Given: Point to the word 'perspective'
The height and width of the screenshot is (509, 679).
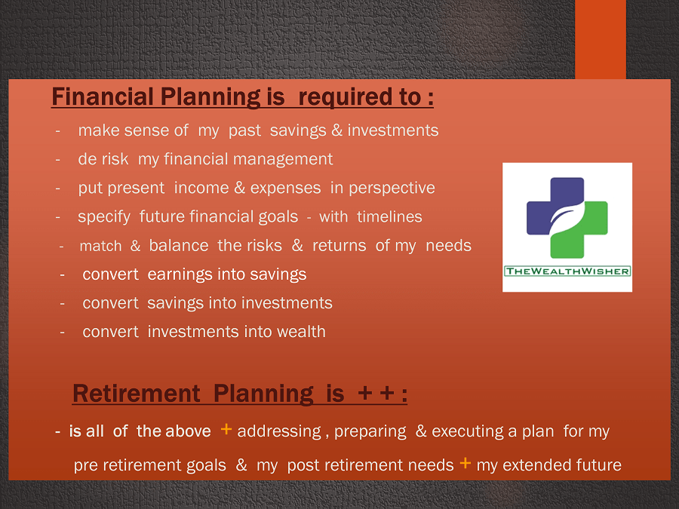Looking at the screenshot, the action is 392,189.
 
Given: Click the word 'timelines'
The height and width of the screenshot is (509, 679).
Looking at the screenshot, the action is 390,216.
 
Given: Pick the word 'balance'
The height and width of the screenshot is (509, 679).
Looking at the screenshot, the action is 179,245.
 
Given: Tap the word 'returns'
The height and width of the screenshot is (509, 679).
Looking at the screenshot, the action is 339,246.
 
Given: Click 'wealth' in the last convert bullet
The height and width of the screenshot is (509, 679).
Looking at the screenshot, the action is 301,332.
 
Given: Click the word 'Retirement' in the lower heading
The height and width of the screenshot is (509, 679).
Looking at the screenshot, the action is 137,394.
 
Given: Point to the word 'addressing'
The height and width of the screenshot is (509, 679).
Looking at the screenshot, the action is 279,431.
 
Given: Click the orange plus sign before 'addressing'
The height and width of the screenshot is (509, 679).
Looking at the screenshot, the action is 226,429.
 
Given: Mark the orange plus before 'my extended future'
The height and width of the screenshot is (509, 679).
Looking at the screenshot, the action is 465,463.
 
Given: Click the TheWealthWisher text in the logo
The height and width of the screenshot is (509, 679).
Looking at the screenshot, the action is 567,271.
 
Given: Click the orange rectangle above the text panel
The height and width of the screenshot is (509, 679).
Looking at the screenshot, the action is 601,39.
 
